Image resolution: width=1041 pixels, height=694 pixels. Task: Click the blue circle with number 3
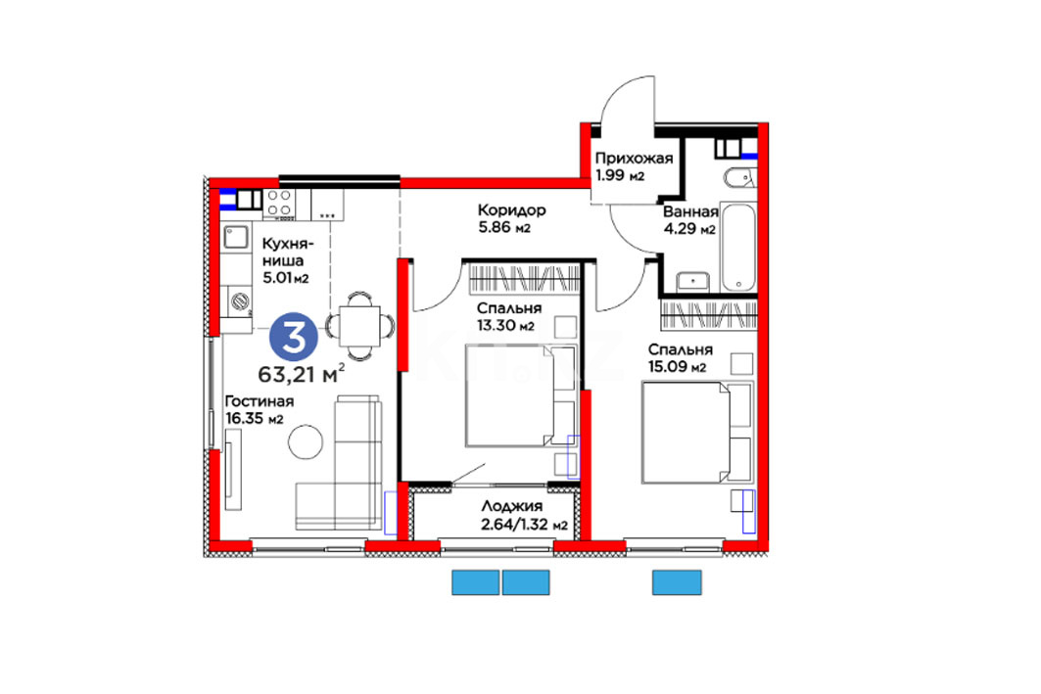294,337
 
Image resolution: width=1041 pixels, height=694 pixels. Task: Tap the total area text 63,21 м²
302,374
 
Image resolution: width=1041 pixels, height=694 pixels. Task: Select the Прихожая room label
634,158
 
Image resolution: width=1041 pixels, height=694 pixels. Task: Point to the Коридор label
512,210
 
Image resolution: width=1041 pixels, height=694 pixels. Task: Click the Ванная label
690,211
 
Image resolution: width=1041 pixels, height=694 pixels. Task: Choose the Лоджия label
512,507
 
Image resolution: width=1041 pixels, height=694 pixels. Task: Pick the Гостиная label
259,401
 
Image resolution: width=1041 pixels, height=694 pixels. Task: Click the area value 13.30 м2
506,326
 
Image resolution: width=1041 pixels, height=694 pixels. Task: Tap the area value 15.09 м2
677,367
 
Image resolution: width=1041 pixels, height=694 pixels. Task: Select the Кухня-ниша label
287,252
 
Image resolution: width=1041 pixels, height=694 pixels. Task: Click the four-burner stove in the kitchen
279,204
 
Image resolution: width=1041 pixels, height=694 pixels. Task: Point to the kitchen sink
235,237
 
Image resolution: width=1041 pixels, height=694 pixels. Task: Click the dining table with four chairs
359,326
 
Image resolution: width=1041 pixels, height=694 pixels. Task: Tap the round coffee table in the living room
306,441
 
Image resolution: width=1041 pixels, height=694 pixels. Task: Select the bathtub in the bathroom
738,248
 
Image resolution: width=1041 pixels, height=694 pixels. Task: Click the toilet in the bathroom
739,177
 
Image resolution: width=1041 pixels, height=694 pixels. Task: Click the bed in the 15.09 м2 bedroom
696,432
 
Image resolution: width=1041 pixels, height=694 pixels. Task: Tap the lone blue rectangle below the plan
677,582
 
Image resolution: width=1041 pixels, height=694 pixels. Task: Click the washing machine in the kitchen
238,301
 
